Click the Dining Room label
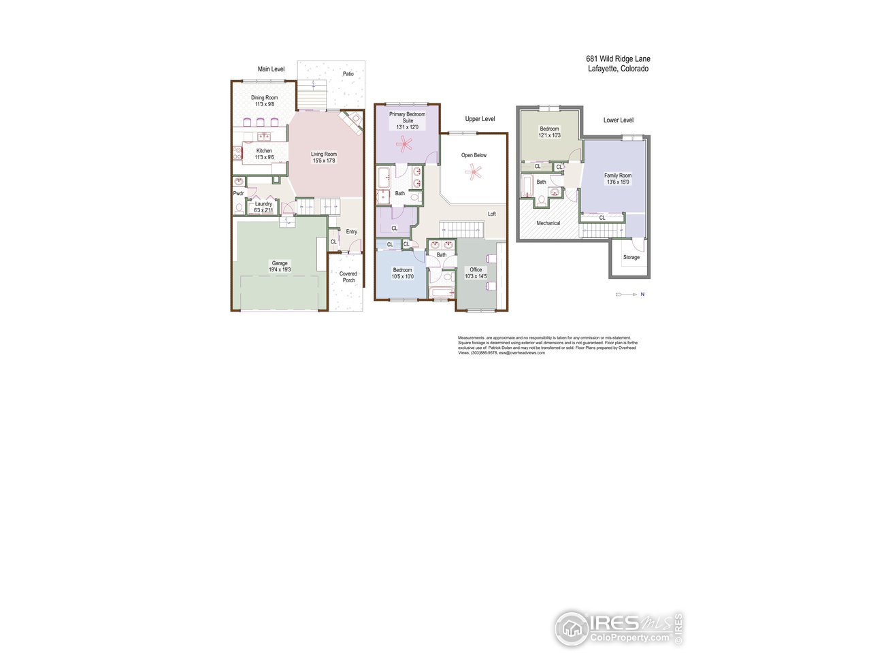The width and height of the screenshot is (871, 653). click(264, 98)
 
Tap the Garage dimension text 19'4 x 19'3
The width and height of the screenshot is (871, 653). click(280, 270)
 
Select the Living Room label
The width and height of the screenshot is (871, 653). click(324, 154)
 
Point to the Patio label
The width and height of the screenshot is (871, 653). click(348, 74)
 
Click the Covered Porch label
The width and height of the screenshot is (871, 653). click(348, 277)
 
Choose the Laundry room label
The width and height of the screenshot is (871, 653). click(263, 204)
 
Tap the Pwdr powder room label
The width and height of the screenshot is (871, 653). click(238, 194)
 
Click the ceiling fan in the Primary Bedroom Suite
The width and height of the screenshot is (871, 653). click(406, 144)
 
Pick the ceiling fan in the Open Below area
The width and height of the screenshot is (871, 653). click(474, 172)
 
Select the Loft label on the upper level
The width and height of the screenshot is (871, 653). click(492, 214)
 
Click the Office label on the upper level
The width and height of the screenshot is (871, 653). click(476, 270)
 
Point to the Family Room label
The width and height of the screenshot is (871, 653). click(618, 175)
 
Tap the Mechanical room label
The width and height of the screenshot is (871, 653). click(548, 223)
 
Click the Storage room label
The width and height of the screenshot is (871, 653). click(631, 258)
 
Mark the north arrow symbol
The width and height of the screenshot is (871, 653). click(629, 295)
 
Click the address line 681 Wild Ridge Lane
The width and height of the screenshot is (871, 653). click(618, 59)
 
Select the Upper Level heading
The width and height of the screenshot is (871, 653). click(480, 119)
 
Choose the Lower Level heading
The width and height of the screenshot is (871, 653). click(618, 120)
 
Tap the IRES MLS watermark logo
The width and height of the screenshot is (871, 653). click(618, 628)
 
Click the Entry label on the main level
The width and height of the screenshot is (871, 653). click(351, 232)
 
